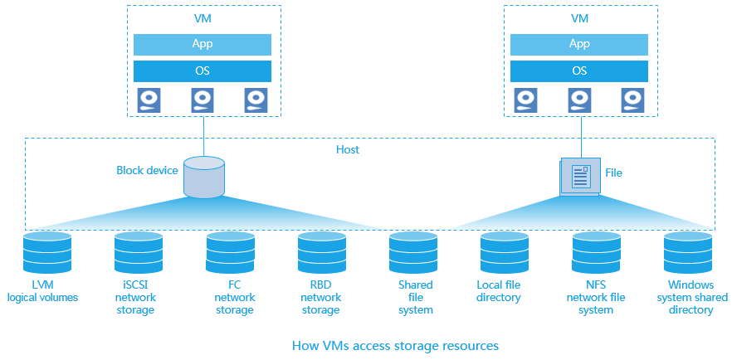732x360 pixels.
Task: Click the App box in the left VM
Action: [203, 44]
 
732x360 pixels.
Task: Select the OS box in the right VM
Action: [579, 71]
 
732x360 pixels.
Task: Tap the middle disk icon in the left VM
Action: [203, 100]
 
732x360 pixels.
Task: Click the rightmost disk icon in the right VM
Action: [632, 100]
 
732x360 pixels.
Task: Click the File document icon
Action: [580, 176]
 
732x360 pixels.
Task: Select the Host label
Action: [348, 150]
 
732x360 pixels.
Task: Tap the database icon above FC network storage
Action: [230, 253]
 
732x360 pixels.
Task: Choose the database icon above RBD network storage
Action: [322, 253]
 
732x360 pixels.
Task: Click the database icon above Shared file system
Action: [413, 253]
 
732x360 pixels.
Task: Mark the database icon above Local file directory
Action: [505, 253]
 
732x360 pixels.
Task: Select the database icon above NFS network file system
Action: [597, 253]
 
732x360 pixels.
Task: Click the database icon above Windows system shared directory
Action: [688, 253]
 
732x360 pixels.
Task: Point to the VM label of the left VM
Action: [203, 17]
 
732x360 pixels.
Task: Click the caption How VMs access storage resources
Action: [395, 345]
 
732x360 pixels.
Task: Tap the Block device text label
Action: [147, 171]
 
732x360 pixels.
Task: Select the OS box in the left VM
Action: [203, 71]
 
